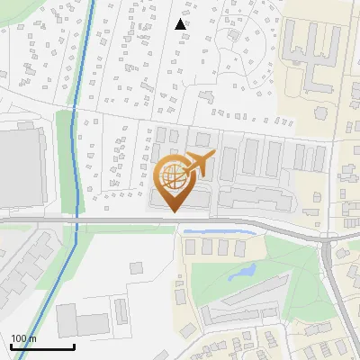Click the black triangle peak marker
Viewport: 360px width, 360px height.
click(x=181, y=23)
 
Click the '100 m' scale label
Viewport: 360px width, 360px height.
click(x=23, y=338)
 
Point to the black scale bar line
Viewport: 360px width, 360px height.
click(x=42, y=346)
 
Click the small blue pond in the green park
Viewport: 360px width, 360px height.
click(x=242, y=272)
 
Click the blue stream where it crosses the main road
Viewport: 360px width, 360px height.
click(x=77, y=219)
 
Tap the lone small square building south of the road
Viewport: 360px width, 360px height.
click(x=136, y=267)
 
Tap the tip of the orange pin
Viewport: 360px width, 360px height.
click(x=173, y=211)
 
